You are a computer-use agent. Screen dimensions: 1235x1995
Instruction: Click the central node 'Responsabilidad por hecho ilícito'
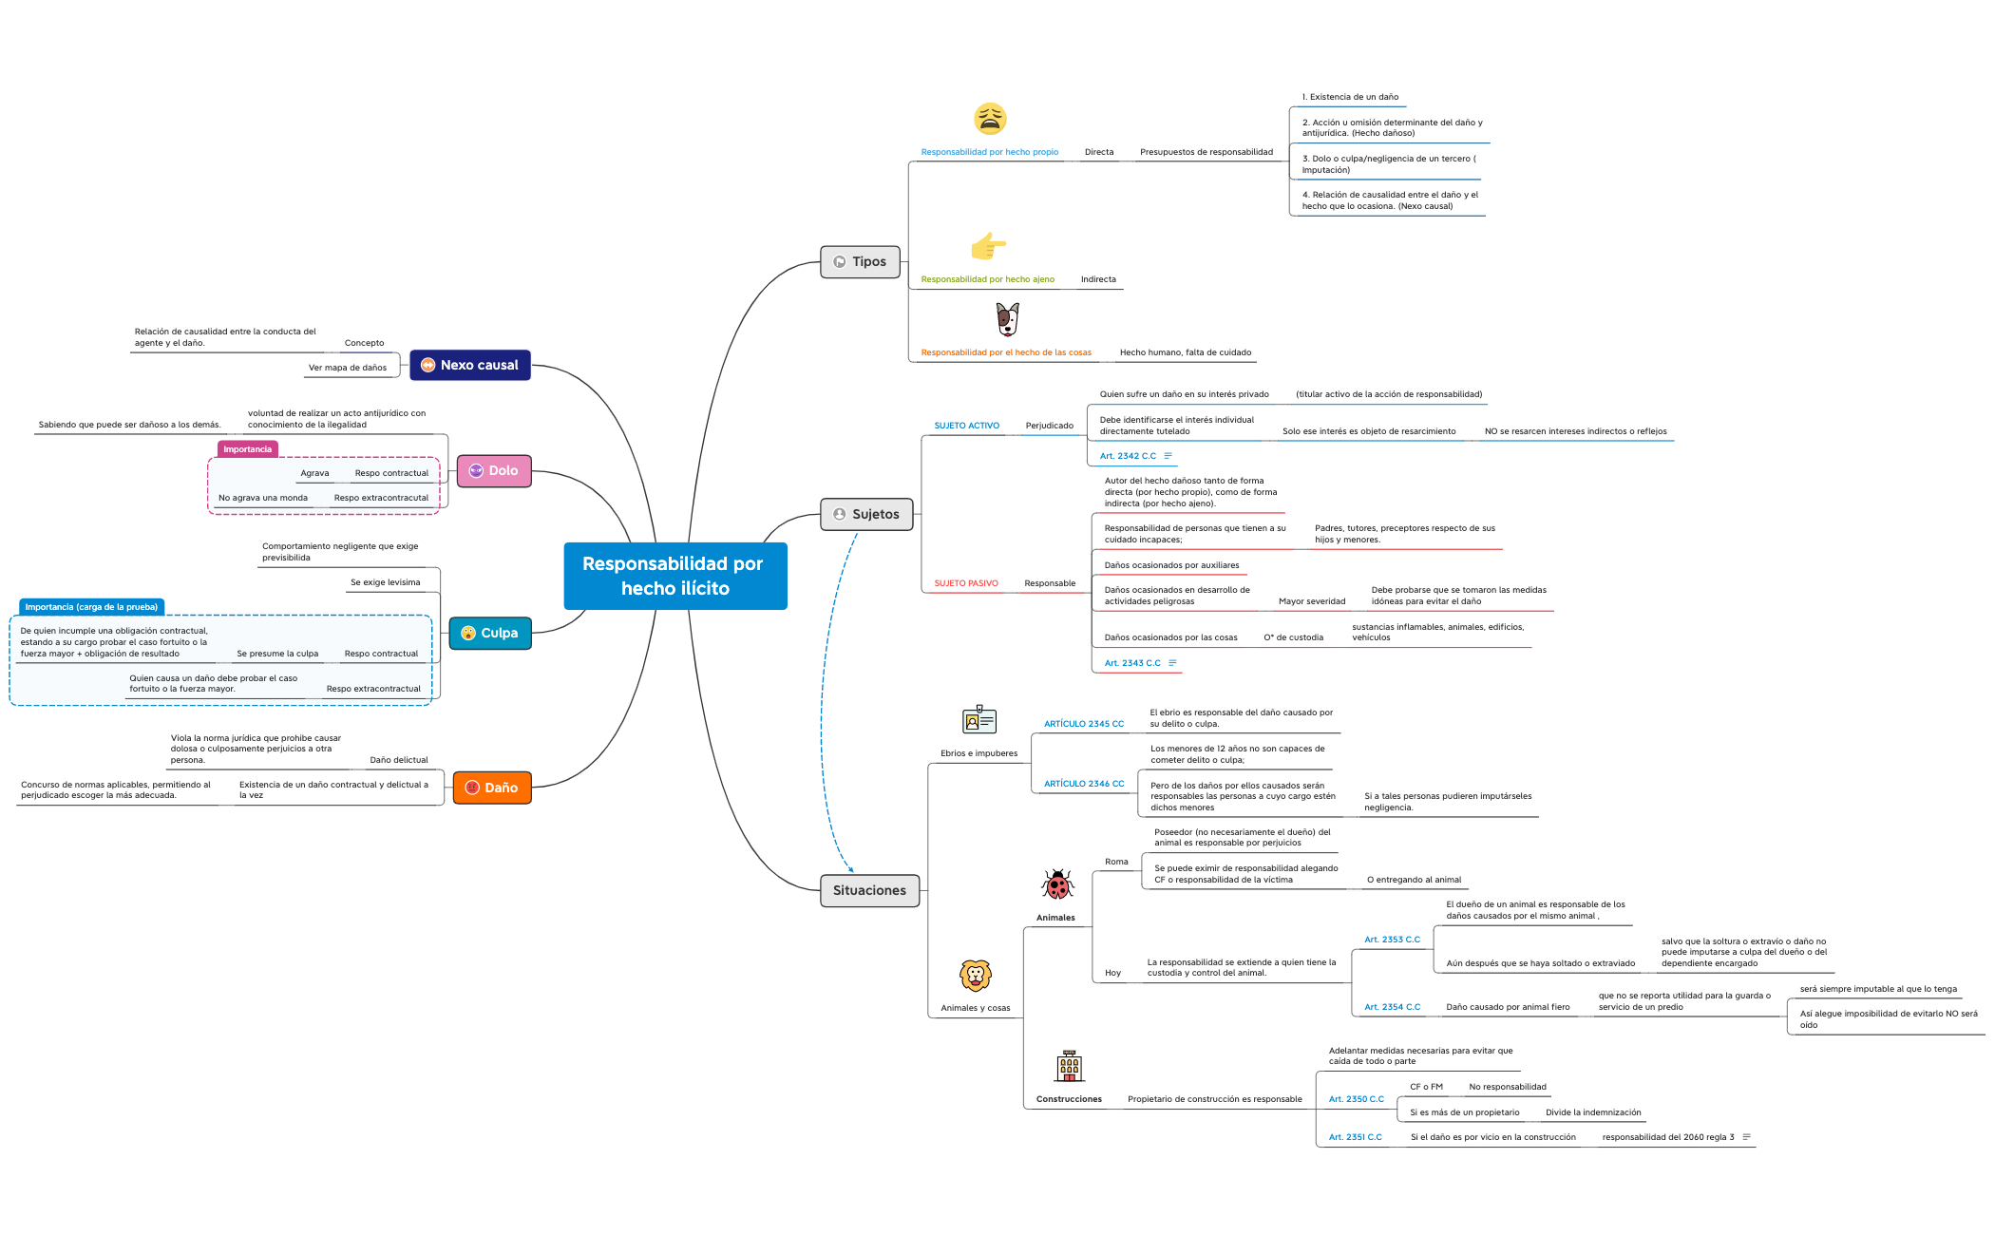point(674,576)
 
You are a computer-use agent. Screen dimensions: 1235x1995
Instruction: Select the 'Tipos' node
point(860,261)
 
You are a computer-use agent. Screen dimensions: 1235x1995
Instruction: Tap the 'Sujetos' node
point(865,514)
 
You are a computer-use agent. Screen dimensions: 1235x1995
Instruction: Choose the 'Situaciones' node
point(869,890)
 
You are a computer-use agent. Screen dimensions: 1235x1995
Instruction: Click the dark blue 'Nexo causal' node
point(469,365)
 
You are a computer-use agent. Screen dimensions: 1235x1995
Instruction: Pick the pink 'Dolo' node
point(494,470)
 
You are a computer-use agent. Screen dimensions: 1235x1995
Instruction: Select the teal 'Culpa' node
point(489,633)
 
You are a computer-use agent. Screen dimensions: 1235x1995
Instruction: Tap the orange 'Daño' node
point(491,788)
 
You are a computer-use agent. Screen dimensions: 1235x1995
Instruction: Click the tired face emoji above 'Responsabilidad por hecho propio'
point(990,119)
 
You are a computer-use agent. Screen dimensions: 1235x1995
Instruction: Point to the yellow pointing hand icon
point(988,246)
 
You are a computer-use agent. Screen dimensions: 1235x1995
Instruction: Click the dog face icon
point(1007,319)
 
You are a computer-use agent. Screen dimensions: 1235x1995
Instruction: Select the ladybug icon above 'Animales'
point(1056,884)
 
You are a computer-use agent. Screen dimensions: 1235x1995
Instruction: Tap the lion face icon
point(976,976)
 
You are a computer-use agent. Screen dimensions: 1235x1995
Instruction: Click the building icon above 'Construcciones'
point(1069,1066)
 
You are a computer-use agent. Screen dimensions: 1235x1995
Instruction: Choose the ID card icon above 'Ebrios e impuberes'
point(978,720)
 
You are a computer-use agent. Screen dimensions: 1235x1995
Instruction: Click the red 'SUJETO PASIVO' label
point(965,583)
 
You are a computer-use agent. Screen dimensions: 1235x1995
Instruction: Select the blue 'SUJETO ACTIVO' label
point(966,426)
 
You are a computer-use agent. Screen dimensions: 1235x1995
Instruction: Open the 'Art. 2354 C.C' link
point(1392,1007)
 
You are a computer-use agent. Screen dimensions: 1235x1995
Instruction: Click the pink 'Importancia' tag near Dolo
point(247,449)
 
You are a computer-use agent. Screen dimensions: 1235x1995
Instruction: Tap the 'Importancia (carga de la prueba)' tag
point(91,607)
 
